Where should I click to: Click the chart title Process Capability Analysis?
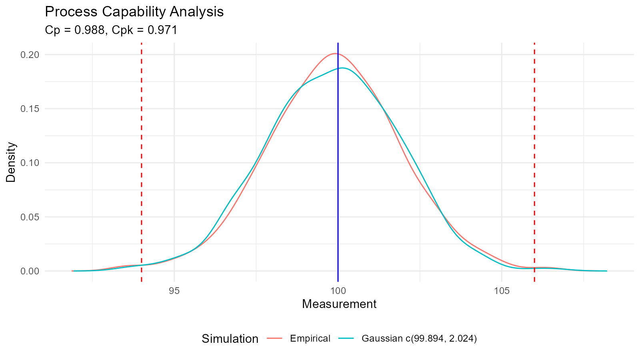[x=134, y=12]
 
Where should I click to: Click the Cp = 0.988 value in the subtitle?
[x=74, y=30]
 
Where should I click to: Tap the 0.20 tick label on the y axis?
[x=30, y=54]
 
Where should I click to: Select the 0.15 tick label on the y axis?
[x=30, y=109]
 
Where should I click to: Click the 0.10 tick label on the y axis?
[x=30, y=163]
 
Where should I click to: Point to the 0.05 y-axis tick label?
[x=30, y=217]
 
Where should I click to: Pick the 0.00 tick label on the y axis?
[x=30, y=271]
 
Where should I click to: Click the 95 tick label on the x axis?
[x=174, y=291]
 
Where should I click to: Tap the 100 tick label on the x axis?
[x=338, y=291]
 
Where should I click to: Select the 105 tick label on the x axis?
[x=502, y=291]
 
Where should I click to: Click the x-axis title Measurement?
[x=339, y=304]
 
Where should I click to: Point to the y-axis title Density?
[x=11, y=162]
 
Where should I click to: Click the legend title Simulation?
[x=230, y=339]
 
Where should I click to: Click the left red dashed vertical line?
[x=142, y=160]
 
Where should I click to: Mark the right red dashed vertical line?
[x=534, y=160]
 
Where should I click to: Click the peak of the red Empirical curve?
[x=336, y=53]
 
